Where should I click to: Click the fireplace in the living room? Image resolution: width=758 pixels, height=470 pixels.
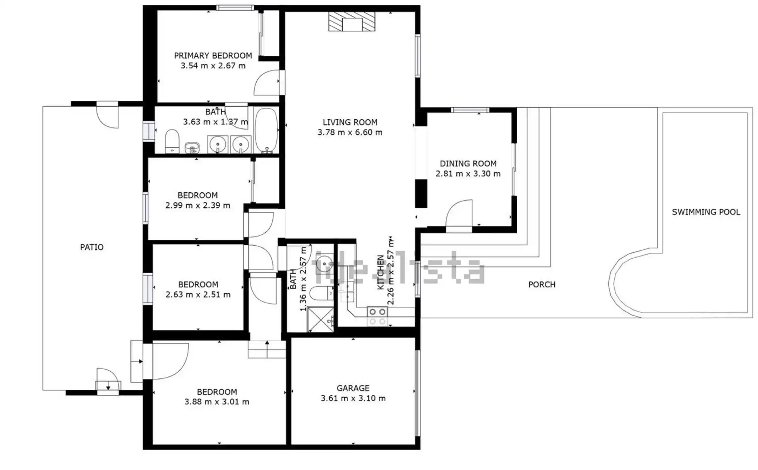click(352, 21)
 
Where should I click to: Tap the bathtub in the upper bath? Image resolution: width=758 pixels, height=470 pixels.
click(266, 130)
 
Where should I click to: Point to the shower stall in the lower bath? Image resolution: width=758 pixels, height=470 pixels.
click(320, 319)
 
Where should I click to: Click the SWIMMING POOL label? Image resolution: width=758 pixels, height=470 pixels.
click(706, 212)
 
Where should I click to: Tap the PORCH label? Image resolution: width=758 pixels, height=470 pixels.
click(542, 284)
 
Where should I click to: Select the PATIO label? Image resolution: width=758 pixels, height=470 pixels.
click(92, 247)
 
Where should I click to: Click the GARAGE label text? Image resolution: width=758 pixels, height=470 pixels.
click(353, 388)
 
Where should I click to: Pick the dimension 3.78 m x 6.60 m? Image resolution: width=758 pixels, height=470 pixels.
click(350, 132)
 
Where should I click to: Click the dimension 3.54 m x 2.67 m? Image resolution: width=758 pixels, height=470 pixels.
click(213, 66)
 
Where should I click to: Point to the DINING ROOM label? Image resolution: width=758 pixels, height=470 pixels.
click(468, 164)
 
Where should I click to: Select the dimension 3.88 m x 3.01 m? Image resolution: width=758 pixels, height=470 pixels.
click(217, 402)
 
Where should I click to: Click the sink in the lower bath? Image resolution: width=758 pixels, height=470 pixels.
click(325, 262)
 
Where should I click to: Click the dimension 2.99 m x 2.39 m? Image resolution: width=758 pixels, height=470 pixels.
click(198, 205)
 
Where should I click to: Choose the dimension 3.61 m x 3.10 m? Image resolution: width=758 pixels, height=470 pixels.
click(353, 399)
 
